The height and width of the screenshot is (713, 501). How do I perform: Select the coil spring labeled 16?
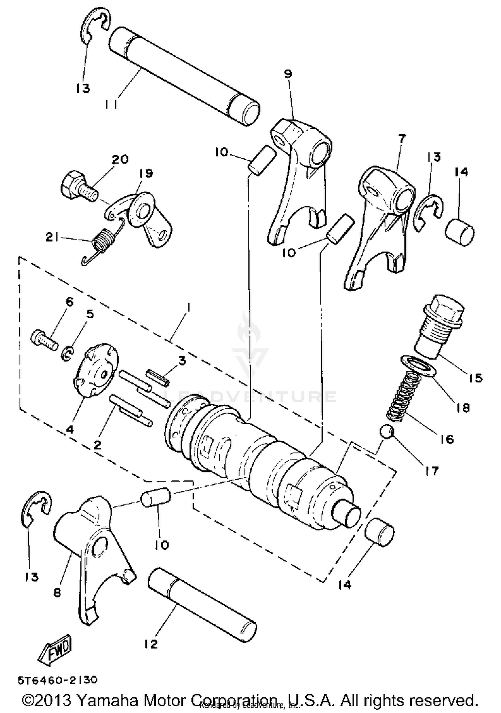(x=405, y=397)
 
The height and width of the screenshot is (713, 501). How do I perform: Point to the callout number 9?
(x=288, y=74)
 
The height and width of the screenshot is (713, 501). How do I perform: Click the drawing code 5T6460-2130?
(x=58, y=680)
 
